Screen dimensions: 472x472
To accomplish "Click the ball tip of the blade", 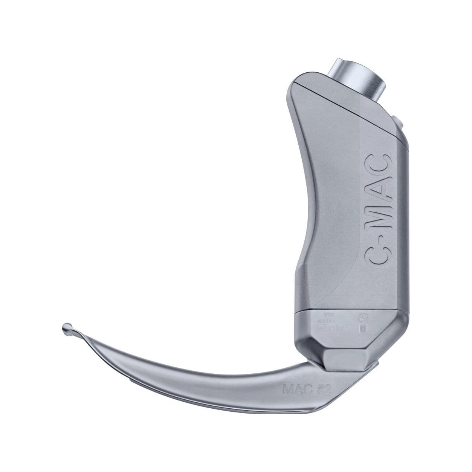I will click(x=67, y=327).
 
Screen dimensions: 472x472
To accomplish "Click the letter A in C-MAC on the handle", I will click(x=378, y=186).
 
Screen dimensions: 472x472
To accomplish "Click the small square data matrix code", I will click(x=363, y=328).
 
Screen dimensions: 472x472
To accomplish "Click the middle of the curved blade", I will click(x=196, y=365).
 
